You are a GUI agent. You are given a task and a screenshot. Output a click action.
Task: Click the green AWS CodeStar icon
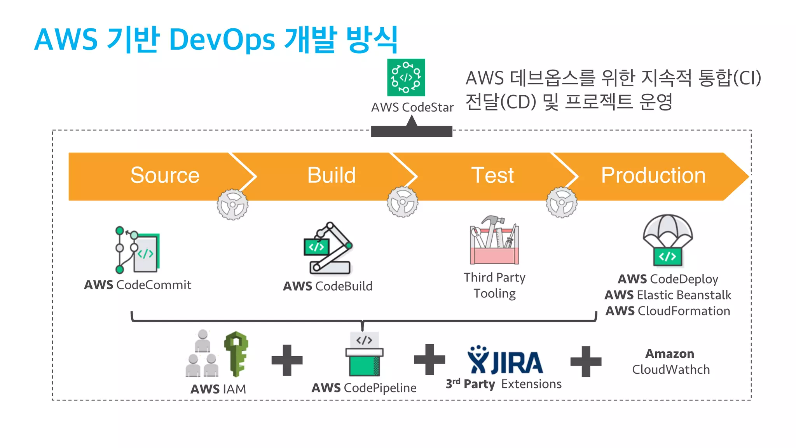coord(406,77)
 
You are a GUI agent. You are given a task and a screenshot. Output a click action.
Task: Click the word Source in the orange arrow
coord(165,175)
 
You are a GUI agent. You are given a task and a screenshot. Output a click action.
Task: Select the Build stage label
coord(331,175)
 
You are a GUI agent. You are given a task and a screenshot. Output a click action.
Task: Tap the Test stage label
coord(492,175)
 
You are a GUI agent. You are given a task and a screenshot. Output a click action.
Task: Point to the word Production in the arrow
coord(653,175)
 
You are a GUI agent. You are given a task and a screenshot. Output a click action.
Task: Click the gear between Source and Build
coord(232,205)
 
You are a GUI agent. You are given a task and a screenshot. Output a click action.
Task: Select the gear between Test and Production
coord(561,202)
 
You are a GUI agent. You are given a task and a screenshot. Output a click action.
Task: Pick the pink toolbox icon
coord(494,241)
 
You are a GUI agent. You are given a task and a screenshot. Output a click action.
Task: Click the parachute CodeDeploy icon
coord(668,240)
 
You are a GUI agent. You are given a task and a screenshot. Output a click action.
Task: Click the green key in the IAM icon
coord(236,353)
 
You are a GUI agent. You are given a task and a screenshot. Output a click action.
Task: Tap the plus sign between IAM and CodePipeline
coord(287,360)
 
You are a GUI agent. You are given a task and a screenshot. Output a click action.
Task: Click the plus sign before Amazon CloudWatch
coord(585,361)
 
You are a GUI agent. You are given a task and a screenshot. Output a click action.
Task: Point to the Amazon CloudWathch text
coord(671,362)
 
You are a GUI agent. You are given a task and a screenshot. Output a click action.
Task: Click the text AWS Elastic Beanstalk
coord(668,295)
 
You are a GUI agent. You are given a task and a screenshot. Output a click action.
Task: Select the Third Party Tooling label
coord(494,285)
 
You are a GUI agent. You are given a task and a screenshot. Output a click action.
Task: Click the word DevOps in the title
coord(222,40)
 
